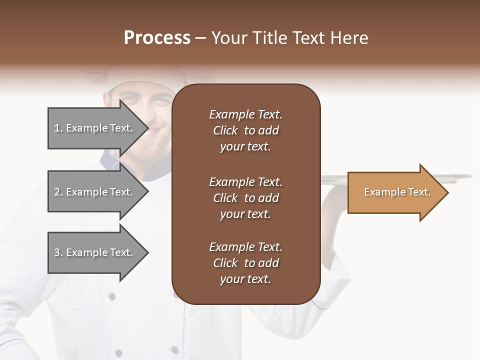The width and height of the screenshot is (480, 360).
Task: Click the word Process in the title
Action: pyautogui.click(x=157, y=38)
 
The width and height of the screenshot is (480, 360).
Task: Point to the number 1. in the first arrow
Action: pyautogui.click(x=58, y=128)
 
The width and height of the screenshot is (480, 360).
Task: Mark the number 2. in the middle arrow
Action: pyautogui.click(x=58, y=192)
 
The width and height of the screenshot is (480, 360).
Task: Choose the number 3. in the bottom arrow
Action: pyautogui.click(x=58, y=253)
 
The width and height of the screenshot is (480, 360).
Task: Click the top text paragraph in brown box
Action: pyautogui.click(x=245, y=130)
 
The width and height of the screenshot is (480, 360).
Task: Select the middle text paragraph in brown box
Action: pyautogui.click(x=245, y=198)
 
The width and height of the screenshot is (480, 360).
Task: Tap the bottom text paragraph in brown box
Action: pyautogui.click(x=245, y=263)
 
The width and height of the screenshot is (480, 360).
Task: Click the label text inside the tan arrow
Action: pyautogui.click(x=397, y=192)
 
